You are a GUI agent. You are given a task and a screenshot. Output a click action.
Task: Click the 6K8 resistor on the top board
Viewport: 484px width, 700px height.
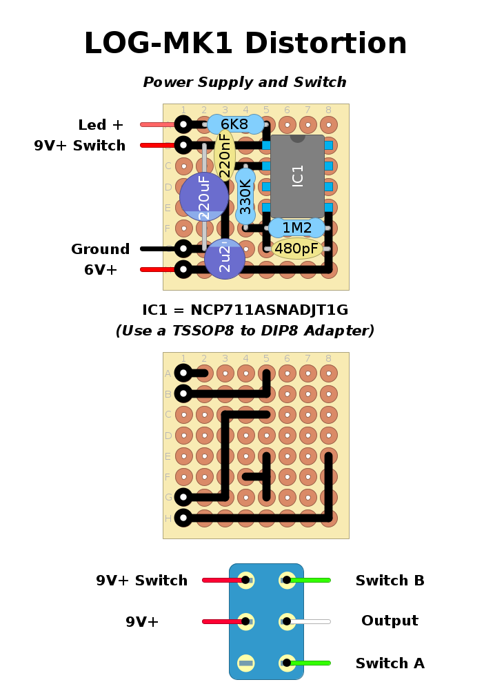click(x=235, y=124)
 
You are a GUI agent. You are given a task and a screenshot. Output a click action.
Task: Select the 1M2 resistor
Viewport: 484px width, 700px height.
click(x=296, y=228)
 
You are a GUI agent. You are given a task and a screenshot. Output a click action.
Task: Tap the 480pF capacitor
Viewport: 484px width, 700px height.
click(x=296, y=249)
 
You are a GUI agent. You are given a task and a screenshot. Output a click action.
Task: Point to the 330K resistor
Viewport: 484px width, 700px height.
click(x=245, y=197)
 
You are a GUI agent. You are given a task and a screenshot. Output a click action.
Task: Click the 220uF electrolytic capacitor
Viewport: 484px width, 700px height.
click(x=203, y=197)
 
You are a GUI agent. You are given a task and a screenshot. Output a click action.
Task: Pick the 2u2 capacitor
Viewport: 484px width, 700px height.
click(x=225, y=260)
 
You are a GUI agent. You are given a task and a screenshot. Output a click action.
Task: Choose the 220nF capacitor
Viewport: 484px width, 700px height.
click(x=225, y=155)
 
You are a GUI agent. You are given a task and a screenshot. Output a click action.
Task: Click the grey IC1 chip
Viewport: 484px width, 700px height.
click(x=297, y=176)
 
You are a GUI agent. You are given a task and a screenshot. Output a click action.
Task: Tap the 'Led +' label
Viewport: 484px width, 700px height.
click(x=101, y=125)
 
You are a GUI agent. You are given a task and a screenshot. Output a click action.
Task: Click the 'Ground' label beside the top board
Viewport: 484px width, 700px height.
click(x=101, y=249)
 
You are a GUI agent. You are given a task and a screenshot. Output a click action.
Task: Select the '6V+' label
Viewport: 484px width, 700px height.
click(x=101, y=270)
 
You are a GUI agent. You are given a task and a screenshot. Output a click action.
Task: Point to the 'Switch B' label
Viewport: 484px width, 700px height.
click(x=390, y=581)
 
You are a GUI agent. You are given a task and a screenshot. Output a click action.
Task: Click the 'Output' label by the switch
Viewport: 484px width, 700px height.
click(x=390, y=621)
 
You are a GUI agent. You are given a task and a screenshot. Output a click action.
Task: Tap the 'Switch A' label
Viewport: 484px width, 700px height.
click(x=390, y=663)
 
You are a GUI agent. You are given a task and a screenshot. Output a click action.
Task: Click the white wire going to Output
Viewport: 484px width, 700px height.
click(x=310, y=621)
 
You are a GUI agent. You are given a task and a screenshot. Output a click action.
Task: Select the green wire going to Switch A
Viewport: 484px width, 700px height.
click(x=310, y=663)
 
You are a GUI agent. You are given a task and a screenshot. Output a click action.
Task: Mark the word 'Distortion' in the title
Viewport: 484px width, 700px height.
click(x=325, y=44)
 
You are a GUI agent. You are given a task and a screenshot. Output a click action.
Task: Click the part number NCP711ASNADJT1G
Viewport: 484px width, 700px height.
click(x=269, y=310)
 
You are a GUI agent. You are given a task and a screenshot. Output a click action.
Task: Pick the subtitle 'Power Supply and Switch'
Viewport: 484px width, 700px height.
click(x=245, y=82)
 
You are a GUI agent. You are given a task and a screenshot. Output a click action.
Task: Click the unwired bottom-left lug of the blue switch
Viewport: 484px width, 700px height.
click(x=246, y=663)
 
